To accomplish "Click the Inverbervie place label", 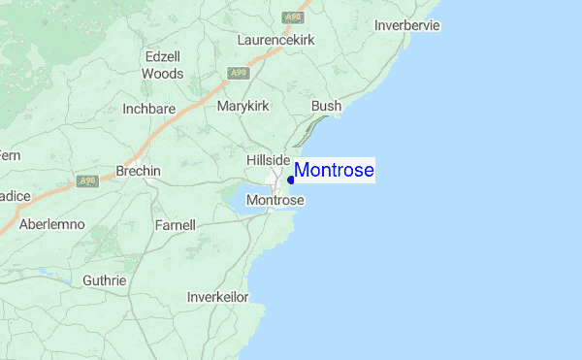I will click(x=407, y=25).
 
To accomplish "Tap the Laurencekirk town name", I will click(x=279, y=41).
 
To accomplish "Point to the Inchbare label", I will click(x=148, y=109).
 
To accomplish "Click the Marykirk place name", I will click(x=243, y=105).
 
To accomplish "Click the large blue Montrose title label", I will click(x=335, y=171).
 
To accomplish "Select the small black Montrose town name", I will click(x=275, y=200).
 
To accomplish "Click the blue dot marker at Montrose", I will click(x=291, y=180).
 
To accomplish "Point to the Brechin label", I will click(x=138, y=171).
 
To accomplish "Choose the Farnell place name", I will click(x=175, y=225).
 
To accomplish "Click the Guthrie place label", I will click(x=104, y=280).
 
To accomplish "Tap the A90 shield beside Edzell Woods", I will click(x=237, y=73).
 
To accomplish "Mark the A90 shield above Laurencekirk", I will click(x=291, y=17).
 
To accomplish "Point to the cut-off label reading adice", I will click(x=16, y=196).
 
